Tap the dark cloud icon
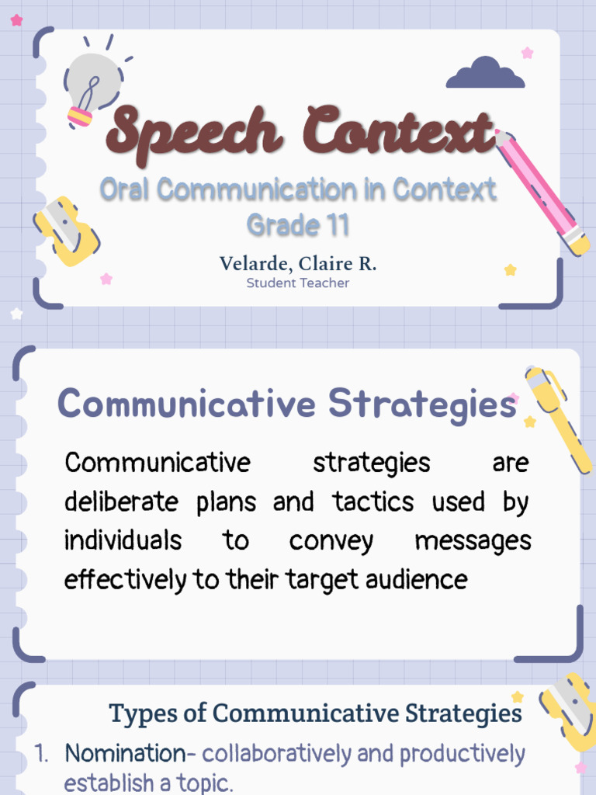(x=485, y=75)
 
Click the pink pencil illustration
(x=543, y=191)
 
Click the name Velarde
(x=249, y=264)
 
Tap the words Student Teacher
(x=297, y=283)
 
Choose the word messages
(x=473, y=540)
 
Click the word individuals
(x=123, y=540)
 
